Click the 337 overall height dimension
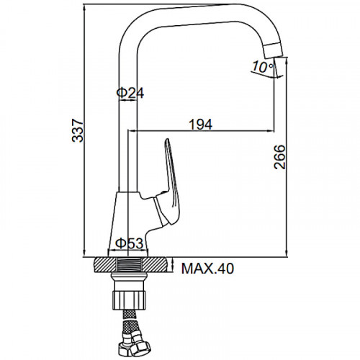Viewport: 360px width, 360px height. click(78, 130)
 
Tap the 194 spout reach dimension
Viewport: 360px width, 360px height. click(201, 125)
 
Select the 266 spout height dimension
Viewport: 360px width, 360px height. click(280, 157)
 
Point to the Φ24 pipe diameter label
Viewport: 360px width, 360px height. click(130, 93)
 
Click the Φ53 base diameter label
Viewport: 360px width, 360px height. click(130, 243)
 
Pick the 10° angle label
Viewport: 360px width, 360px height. click(263, 67)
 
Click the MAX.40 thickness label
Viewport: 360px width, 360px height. click(207, 269)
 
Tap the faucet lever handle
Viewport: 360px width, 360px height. click(171, 182)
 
